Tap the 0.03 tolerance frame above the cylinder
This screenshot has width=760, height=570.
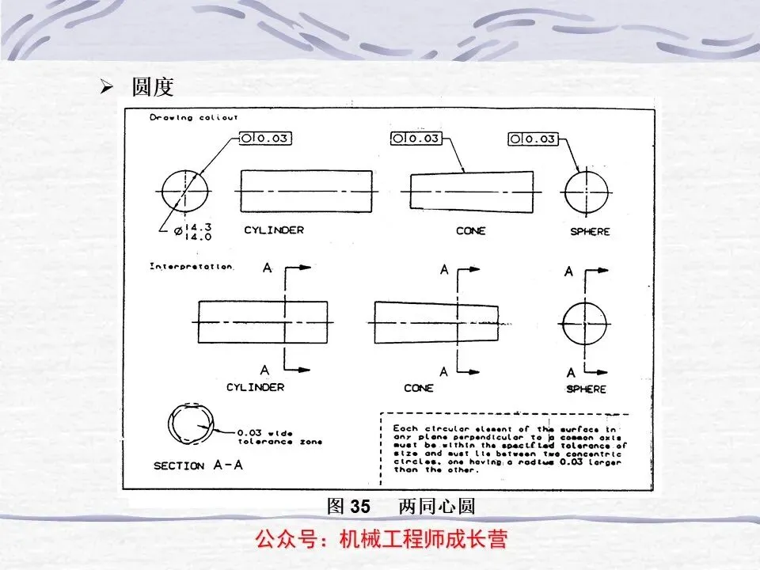pyautogui.click(x=265, y=139)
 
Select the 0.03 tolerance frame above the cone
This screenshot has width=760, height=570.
pyautogui.click(x=416, y=139)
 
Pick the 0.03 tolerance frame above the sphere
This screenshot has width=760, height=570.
pyautogui.click(x=532, y=139)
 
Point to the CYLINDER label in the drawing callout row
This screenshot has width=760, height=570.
pyautogui.click(x=274, y=230)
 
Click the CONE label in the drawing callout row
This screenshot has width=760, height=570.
pyautogui.click(x=470, y=231)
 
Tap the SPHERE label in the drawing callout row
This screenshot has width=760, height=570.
pyautogui.click(x=590, y=231)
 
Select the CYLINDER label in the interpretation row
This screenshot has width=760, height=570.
pyautogui.click(x=255, y=387)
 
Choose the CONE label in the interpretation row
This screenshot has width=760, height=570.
pyautogui.click(x=418, y=388)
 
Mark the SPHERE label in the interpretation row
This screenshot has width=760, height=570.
pyautogui.click(x=586, y=389)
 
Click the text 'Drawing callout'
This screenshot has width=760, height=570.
pyautogui.click(x=193, y=118)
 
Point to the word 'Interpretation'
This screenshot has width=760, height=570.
pyautogui.click(x=192, y=267)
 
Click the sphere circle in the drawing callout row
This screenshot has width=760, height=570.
pyautogui.click(x=587, y=192)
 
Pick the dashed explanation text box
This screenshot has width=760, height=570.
pyautogui.click(x=505, y=448)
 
